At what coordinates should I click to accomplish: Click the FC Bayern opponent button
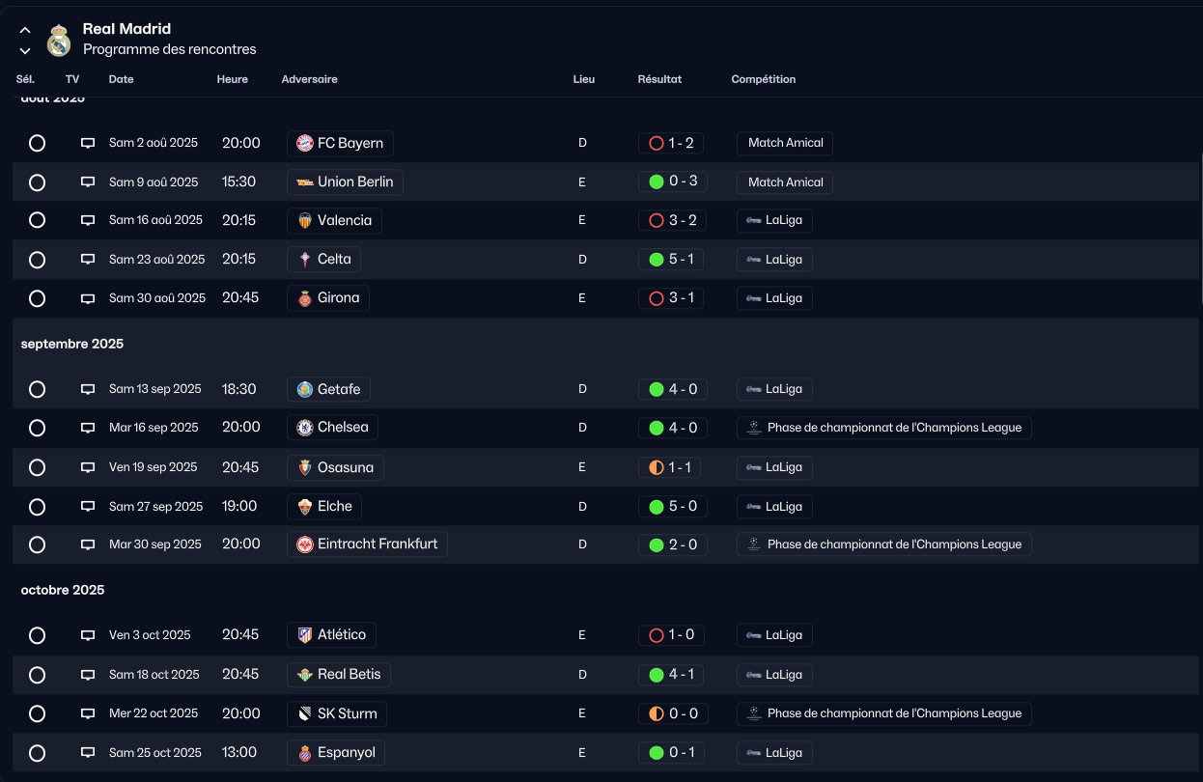pos(340,144)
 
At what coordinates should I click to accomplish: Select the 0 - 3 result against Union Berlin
pos(671,182)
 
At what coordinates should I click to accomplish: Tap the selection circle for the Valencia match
pos(38,220)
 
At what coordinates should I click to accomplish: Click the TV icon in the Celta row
pos(88,260)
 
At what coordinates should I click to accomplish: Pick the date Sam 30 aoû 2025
pos(157,298)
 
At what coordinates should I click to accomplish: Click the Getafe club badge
pos(305,390)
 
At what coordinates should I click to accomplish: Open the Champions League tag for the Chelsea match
pos(883,428)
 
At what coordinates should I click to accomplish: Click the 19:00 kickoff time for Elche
pos(239,506)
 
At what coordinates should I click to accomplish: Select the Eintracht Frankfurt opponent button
pos(367,545)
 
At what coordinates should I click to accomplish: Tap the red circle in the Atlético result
pos(657,635)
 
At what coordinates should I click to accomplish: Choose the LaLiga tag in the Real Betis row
pos(774,675)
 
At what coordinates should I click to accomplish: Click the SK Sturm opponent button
pos(338,714)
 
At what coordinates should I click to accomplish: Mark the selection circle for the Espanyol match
pos(38,753)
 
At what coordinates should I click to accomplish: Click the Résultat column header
pos(659,79)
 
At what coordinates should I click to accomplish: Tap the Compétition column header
pos(763,79)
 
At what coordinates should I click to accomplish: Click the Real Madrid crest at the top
pos(59,42)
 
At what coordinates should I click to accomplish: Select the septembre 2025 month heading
pos(72,344)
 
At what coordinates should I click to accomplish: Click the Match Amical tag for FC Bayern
pos(785,143)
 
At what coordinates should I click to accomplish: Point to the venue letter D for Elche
pos(582,506)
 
